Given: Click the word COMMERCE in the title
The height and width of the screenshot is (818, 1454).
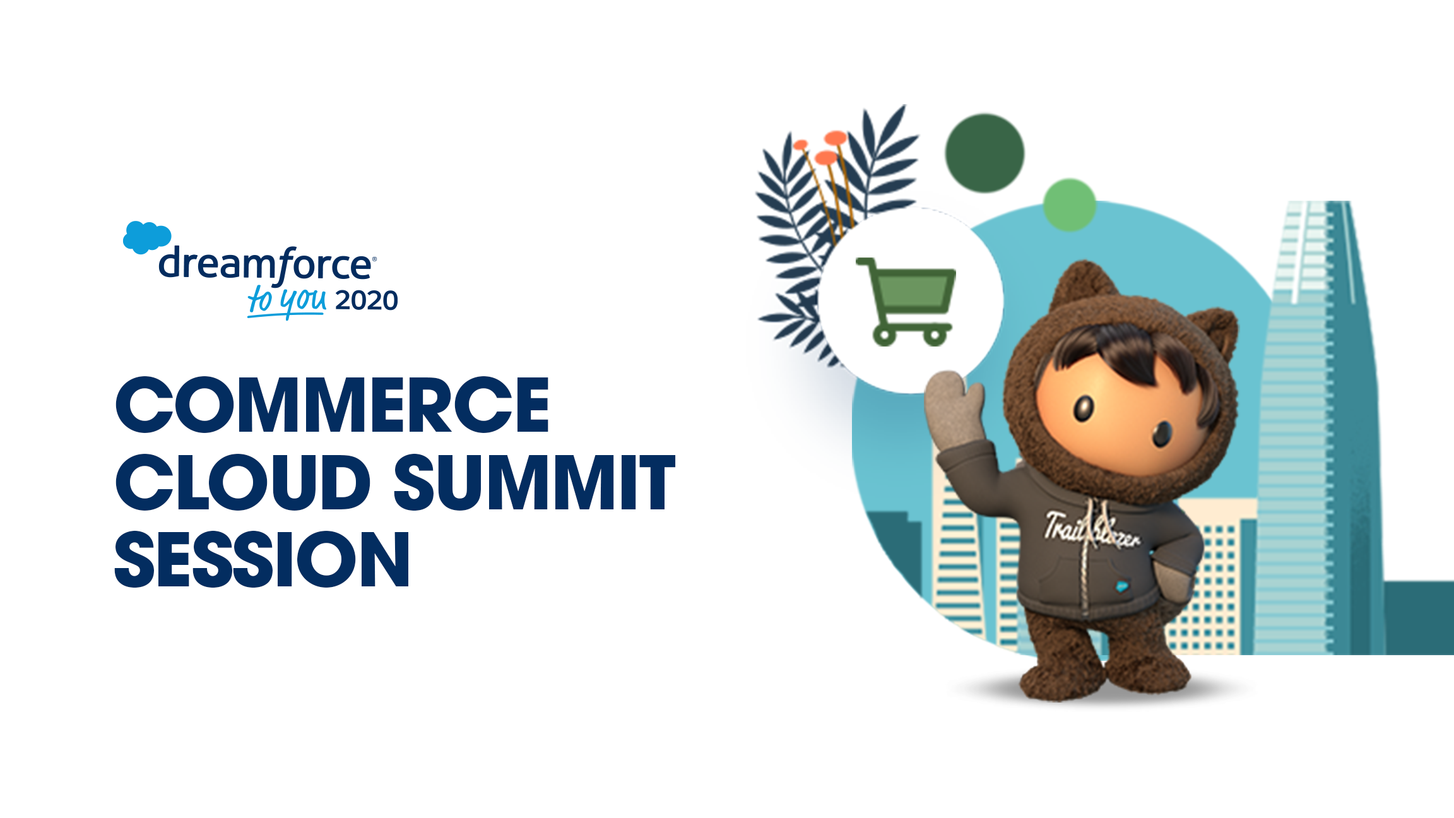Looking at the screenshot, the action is [x=333, y=405].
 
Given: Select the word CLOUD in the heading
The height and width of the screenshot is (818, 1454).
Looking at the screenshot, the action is [x=242, y=482].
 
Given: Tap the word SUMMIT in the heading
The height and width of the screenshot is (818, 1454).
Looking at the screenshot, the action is [x=535, y=482].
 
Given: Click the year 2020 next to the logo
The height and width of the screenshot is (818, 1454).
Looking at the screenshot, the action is [x=367, y=301].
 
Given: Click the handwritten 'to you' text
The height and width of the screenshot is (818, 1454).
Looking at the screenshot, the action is [x=287, y=301].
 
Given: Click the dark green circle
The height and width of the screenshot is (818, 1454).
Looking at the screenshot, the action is [x=984, y=153].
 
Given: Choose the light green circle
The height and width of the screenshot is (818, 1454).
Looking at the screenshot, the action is [x=1069, y=204].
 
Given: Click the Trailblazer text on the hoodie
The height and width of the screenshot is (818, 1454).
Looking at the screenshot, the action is [x=1092, y=531].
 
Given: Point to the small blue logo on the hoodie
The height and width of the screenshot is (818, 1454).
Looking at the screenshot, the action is [x=1121, y=586].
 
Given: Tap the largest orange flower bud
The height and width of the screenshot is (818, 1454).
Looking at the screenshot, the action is [x=836, y=138].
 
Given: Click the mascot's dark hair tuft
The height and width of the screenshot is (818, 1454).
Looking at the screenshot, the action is [x=1130, y=353].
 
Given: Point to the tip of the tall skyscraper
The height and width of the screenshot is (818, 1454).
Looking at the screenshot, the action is [x=1338, y=202].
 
